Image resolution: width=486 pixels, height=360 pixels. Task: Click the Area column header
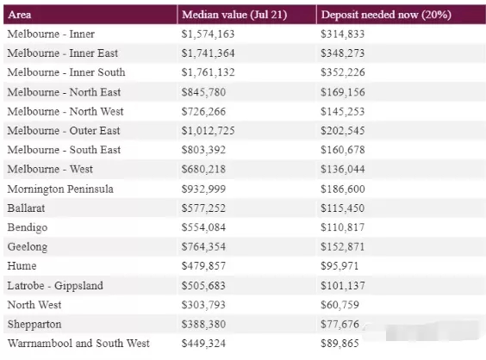click(20, 15)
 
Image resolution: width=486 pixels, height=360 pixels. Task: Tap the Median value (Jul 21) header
click(234, 15)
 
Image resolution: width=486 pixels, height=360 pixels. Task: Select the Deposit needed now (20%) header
click(386, 15)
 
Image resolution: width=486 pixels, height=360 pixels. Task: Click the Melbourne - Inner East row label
click(63, 53)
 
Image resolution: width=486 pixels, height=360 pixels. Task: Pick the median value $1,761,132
click(208, 72)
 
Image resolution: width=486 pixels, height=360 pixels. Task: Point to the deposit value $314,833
click(342, 34)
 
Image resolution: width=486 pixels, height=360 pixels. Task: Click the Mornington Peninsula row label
click(60, 189)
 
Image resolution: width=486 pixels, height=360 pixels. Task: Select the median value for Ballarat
click(203, 208)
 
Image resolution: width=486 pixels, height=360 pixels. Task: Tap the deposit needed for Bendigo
click(342, 227)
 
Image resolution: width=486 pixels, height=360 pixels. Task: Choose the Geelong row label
click(28, 247)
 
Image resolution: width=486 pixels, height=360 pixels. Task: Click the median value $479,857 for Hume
click(203, 266)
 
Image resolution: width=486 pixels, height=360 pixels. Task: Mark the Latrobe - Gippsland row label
click(55, 286)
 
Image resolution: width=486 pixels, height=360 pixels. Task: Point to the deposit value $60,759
click(340, 305)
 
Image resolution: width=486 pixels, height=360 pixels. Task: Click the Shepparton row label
click(34, 325)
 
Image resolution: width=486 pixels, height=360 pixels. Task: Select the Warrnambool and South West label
click(78, 344)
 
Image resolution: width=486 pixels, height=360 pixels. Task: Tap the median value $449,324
click(203, 344)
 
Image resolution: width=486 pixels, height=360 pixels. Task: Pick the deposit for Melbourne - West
click(342, 169)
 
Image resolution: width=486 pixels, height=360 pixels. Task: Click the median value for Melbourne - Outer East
click(208, 130)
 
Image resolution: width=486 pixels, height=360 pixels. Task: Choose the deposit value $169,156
click(342, 92)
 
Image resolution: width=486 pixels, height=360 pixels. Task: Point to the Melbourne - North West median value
click(203, 111)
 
